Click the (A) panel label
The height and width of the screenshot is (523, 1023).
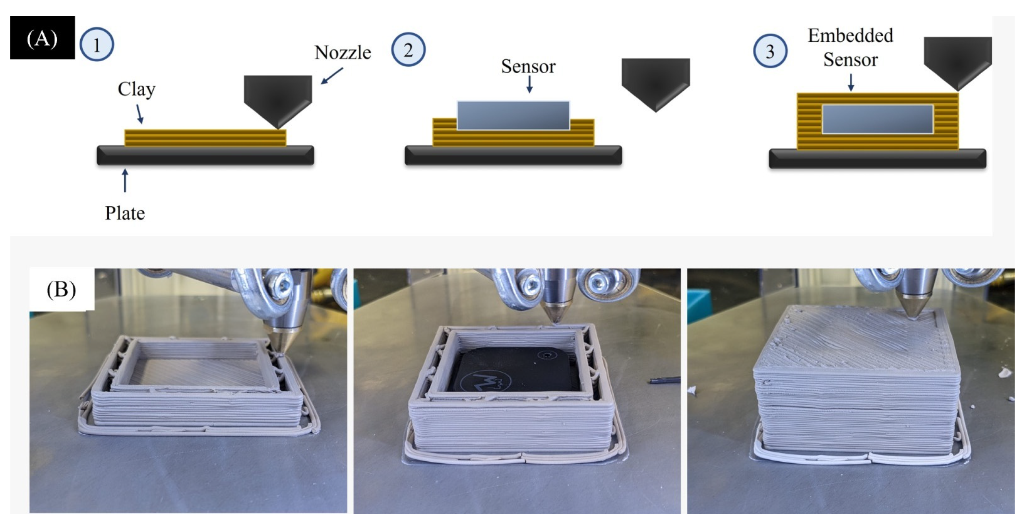[43, 38]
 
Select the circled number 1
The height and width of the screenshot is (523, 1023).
[97, 45]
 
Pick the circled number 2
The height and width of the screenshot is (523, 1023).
[408, 50]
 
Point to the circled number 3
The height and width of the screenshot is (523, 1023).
[770, 51]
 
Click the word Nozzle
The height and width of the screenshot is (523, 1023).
[343, 52]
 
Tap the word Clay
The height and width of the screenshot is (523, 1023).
[136, 89]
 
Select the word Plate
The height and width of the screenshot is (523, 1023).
[125, 213]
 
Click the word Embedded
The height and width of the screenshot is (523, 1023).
[851, 35]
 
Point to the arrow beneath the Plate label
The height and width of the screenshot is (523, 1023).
[125, 181]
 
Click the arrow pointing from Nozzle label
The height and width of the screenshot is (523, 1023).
[332, 76]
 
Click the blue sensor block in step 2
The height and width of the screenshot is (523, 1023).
[513, 115]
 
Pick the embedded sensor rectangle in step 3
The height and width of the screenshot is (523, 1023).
[878, 119]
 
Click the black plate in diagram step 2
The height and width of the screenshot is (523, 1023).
[513, 155]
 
